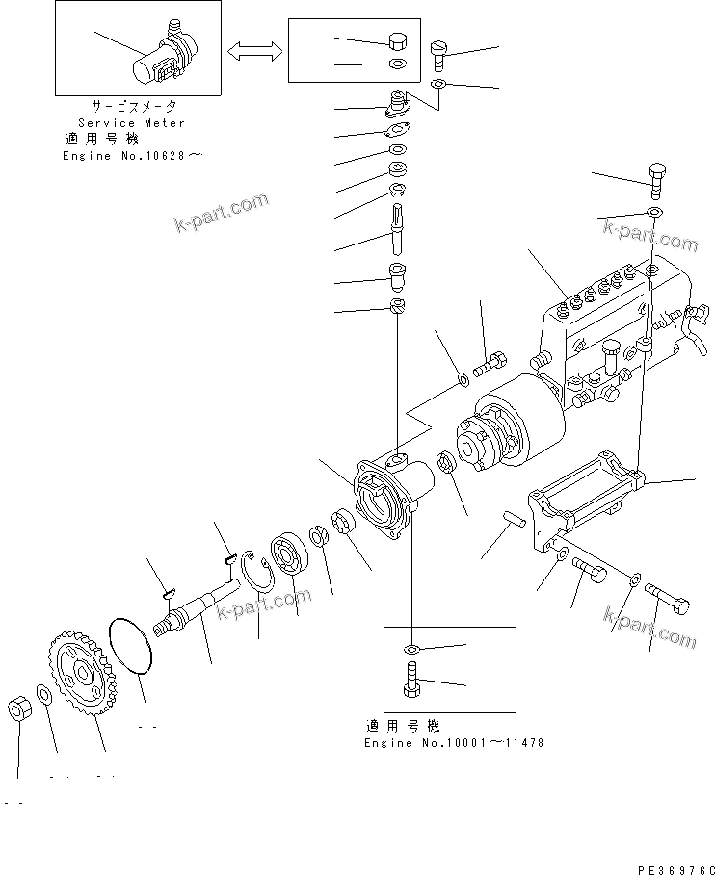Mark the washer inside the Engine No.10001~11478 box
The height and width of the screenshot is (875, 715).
[x=411, y=648]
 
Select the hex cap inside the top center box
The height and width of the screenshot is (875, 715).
[x=396, y=41]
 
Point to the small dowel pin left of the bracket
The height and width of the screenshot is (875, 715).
[x=513, y=521]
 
